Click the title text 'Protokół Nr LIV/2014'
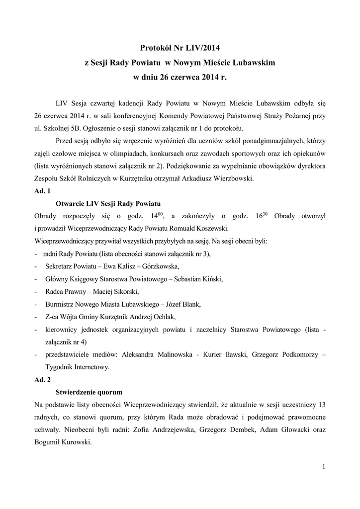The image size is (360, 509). (180, 48)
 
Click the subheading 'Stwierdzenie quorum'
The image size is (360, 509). (89, 392)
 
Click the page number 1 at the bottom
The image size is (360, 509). (323, 466)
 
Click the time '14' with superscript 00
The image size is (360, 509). (151, 216)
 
